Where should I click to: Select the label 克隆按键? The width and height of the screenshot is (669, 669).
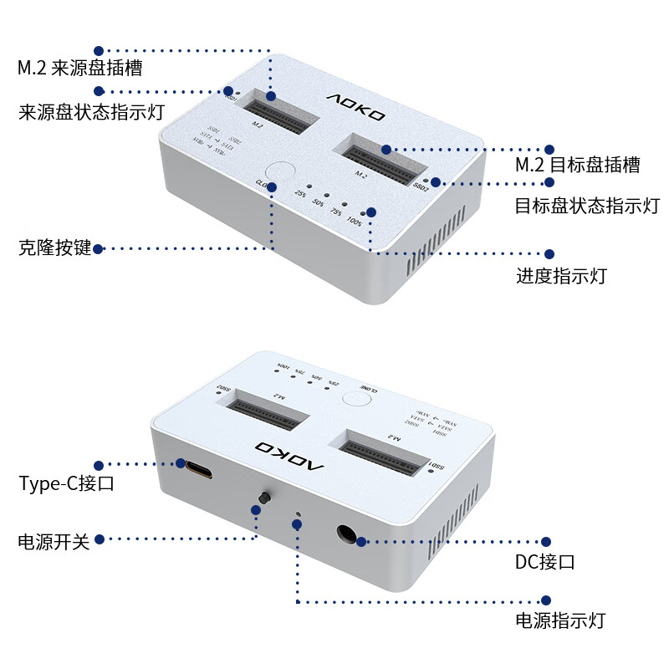[54, 248]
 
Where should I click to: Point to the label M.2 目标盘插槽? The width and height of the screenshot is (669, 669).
[578, 165]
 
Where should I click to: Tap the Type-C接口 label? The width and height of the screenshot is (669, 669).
[66, 483]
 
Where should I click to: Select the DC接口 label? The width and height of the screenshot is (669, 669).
[544, 562]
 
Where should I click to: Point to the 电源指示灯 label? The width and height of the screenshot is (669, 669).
[559, 620]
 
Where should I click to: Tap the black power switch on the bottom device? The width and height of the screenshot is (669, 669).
[264, 498]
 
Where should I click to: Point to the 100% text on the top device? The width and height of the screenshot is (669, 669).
[355, 222]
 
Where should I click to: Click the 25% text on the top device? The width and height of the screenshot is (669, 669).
[300, 194]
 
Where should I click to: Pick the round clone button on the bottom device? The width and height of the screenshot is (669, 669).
[357, 397]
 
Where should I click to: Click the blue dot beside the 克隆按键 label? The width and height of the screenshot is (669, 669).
[99, 248]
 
